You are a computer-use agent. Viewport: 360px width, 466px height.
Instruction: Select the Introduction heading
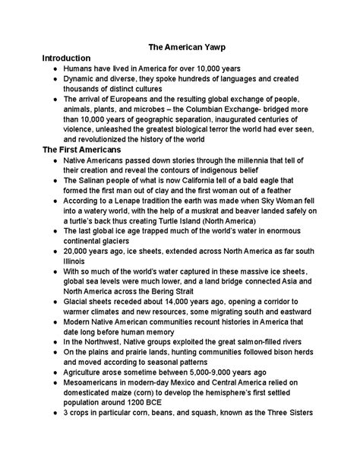coord(66,58)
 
